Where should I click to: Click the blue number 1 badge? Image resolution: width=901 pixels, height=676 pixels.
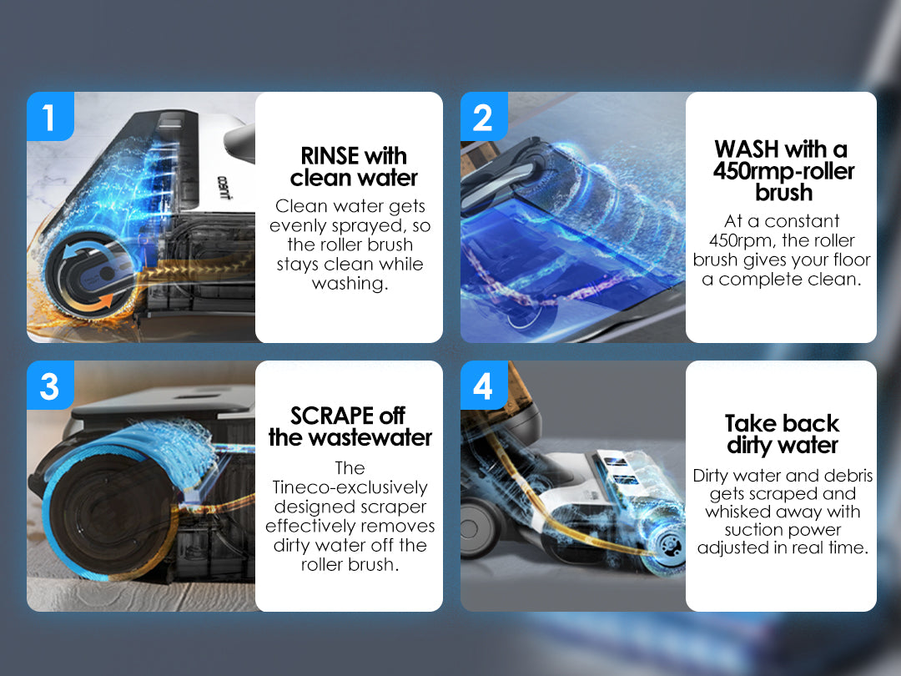[x=51, y=116]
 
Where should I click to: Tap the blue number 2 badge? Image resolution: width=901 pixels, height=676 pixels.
[x=484, y=116]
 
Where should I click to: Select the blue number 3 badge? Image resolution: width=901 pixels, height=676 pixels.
[x=51, y=385]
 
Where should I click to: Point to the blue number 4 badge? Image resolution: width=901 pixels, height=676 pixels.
[x=484, y=385]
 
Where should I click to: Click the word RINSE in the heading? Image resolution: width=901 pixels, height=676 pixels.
[x=330, y=156]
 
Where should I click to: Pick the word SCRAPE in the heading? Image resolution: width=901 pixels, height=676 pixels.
[x=332, y=415]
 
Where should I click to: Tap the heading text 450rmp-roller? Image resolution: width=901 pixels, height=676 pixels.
[x=783, y=171]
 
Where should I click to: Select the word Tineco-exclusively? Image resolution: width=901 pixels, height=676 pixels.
[x=350, y=487]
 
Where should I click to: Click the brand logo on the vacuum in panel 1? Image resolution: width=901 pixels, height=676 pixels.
[x=224, y=188]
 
